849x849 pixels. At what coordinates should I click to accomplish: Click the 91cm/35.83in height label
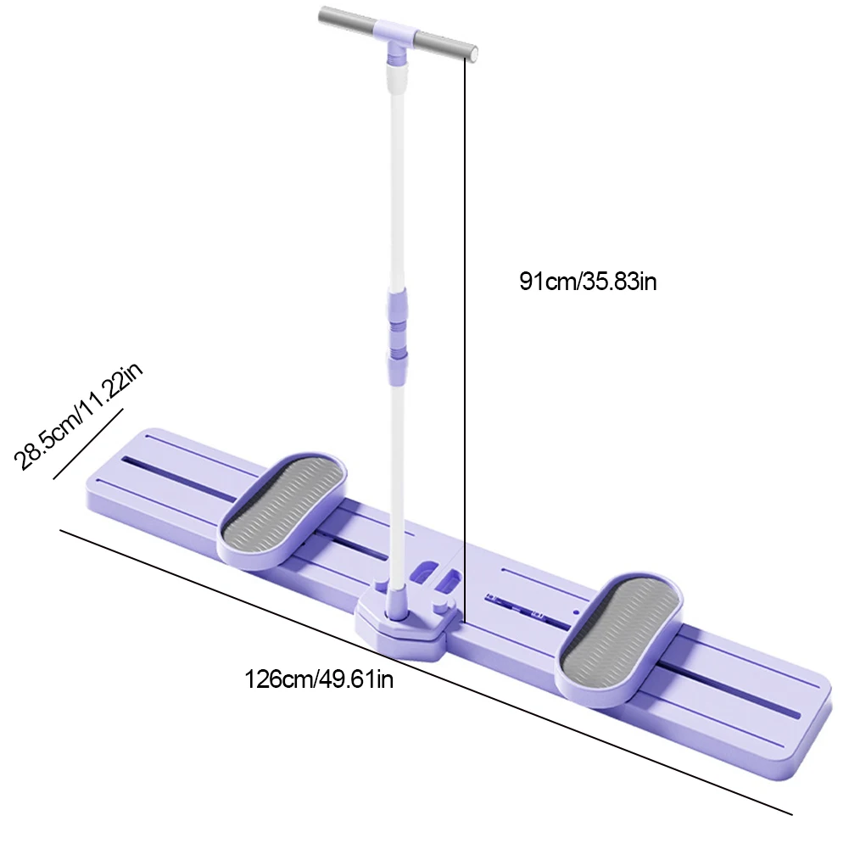click(x=588, y=282)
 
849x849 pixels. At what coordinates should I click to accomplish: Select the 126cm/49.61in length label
click(x=319, y=679)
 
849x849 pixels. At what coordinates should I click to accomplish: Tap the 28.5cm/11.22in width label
click(x=80, y=416)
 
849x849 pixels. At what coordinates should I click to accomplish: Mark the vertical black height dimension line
click(x=465, y=339)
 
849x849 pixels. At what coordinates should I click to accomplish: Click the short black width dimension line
click(x=88, y=445)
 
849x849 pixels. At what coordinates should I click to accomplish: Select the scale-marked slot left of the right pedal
click(x=522, y=608)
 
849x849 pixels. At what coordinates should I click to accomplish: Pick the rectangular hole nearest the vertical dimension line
click(x=448, y=581)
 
